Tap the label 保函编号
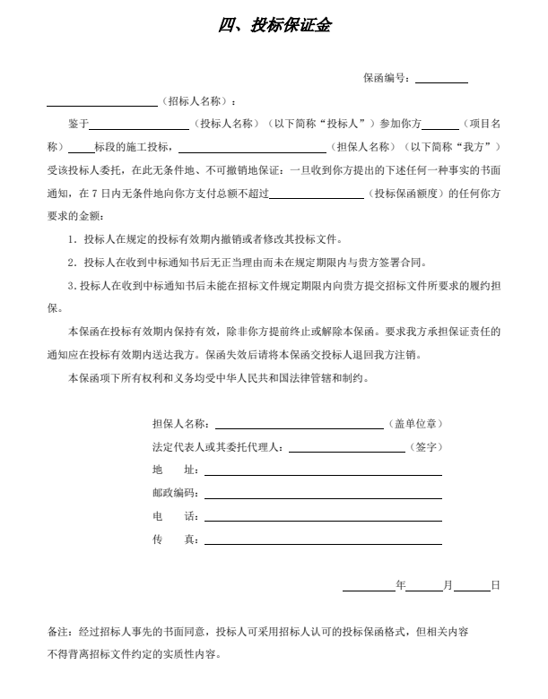click(386, 78)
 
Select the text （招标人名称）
click(195, 100)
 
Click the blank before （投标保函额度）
click(316, 194)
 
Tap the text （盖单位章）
click(414, 423)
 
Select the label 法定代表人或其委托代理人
click(218, 446)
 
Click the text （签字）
click(426, 446)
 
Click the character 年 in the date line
click(401, 585)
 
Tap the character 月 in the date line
click(448, 585)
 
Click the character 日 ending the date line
click(494, 585)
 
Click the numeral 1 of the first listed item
click(71, 240)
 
